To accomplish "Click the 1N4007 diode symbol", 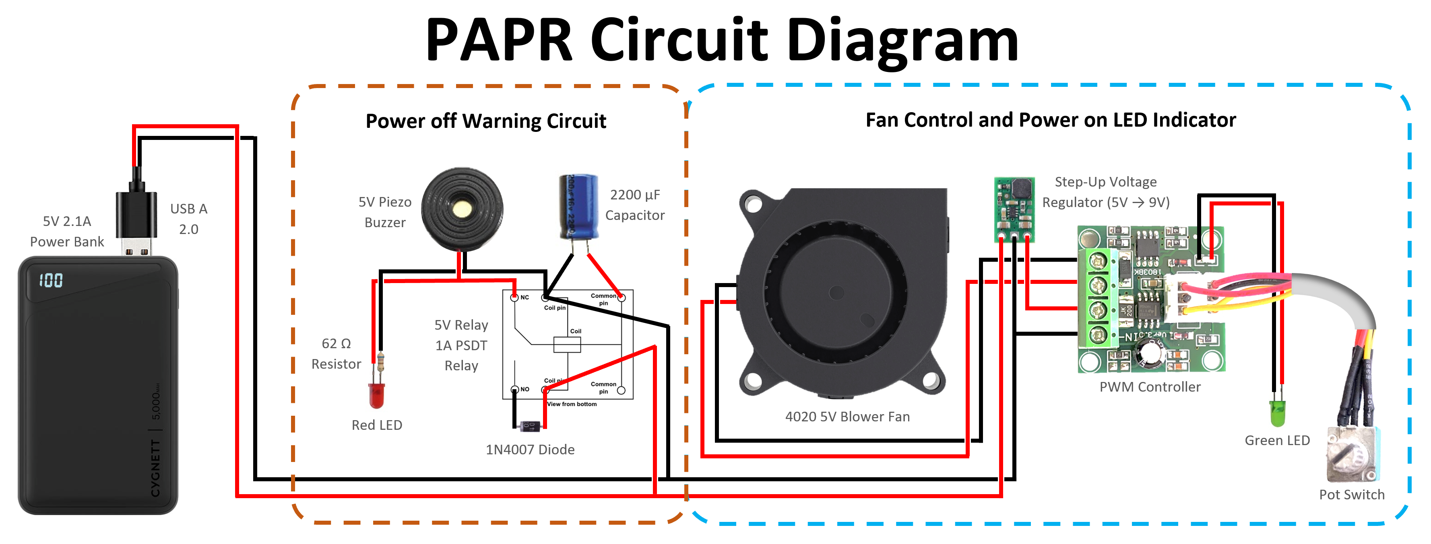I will click(529, 426).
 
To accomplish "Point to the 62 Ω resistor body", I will click(380, 362).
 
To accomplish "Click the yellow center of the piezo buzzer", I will click(462, 209).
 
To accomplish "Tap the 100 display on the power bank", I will click(51, 280).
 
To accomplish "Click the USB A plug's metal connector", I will click(136, 247).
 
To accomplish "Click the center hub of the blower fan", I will click(836, 293).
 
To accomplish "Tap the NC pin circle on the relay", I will click(514, 298).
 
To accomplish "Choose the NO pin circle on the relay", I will click(514, 389).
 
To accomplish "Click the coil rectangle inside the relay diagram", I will click(567, 345).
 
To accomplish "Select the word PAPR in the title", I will click(498, 40).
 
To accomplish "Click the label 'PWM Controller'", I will click(1150, 387).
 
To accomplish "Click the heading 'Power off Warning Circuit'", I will click(485, 121).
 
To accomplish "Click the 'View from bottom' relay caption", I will click(572, 404).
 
